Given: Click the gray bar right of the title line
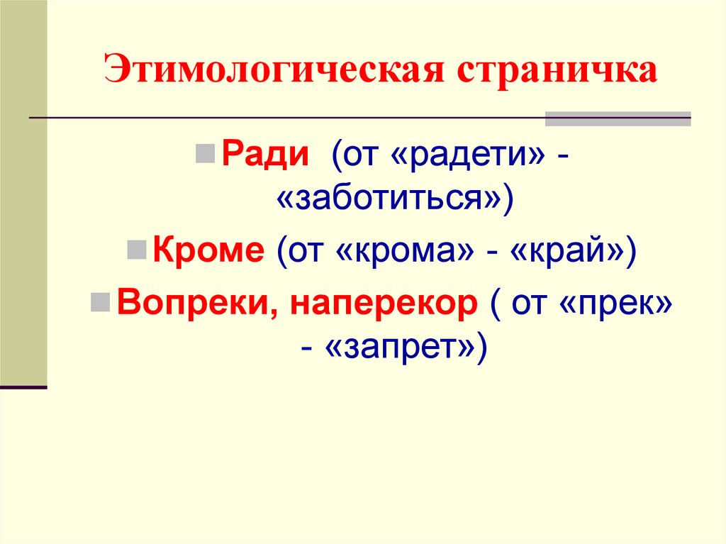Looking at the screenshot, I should point(617,118).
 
